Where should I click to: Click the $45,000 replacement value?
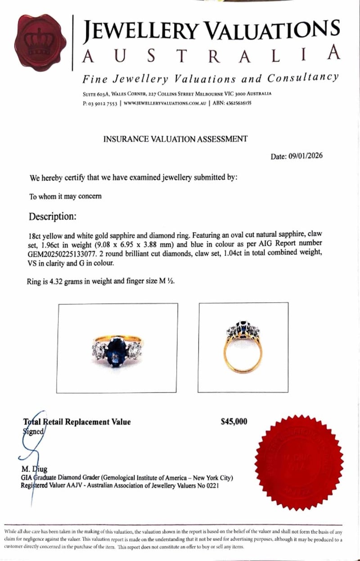click(x=234, y=422)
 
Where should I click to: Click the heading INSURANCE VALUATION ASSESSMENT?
click(x=175, y=139)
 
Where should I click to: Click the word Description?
click(x=52, y=217)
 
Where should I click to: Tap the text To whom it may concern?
click(x=65, y=196)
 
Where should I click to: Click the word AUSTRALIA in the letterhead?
click(x=211, y=56)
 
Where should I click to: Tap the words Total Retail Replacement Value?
click(x=77, y=422)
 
